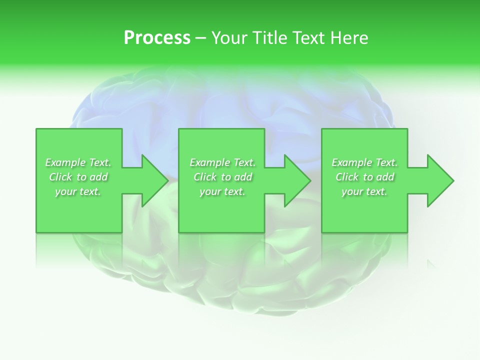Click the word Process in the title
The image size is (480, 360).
coord(157,38)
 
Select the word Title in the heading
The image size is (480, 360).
coord(272,38)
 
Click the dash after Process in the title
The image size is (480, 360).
coord(201,38)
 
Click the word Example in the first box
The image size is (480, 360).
coord(65,162)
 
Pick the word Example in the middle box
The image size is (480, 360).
coord(209,162)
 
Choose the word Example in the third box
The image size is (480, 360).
coord(351,162)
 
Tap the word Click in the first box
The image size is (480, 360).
coord(60,177)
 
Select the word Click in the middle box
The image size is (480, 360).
coord(205,177)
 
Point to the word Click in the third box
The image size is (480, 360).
coord(347,177)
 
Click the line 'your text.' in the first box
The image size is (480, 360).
coord(78,191)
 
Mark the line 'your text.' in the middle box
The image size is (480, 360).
coord(222,191)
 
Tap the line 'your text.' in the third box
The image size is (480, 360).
coord(364,191)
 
